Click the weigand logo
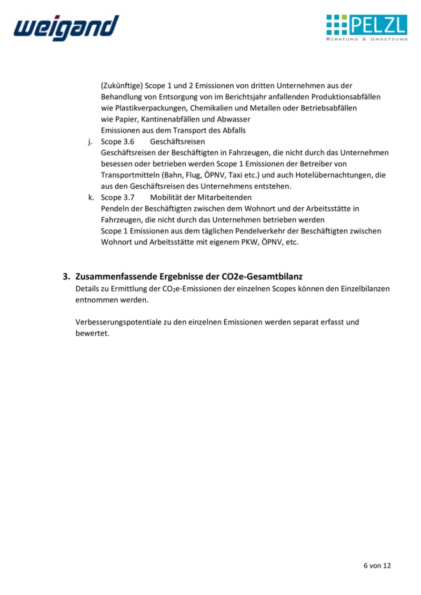[x=66, y=27]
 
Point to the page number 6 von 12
[x=377, y=566]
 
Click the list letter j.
[x=90, y=142]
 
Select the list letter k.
[x=91, y=197]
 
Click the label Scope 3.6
[x=118, y=142]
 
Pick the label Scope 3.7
[x=118, y=197]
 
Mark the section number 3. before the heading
[x=66, y=276]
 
